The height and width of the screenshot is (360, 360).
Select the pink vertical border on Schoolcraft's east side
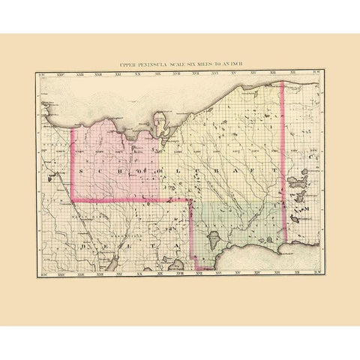tap(282, 150)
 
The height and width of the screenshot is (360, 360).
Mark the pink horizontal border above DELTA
tap(127, 200)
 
